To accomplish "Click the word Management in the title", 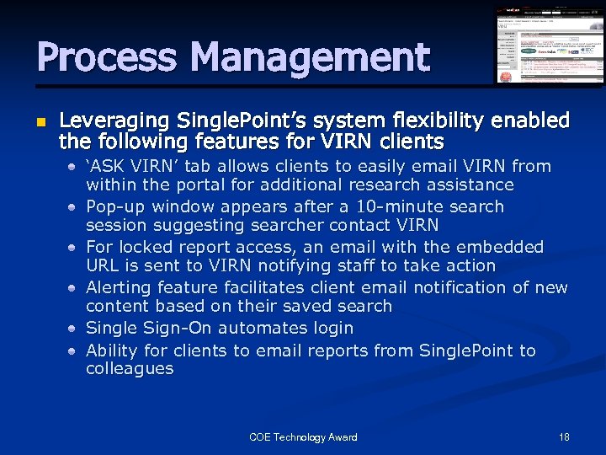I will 310,58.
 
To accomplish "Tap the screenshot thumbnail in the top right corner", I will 549,45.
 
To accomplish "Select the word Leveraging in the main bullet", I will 114,120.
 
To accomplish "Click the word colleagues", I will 129,369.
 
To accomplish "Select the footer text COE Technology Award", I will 303,436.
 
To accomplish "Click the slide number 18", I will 563,436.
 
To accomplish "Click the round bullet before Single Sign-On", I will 74,329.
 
